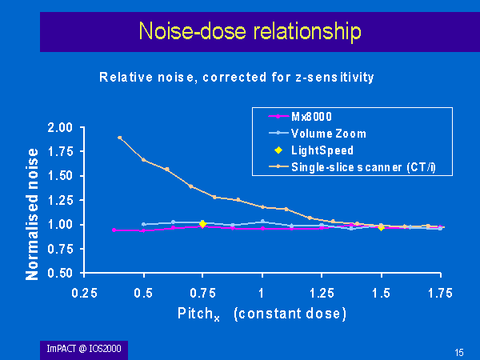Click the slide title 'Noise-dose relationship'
point(250,31)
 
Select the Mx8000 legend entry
point(300,117)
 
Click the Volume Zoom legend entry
point(318,134)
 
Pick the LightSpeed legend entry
point(314,150)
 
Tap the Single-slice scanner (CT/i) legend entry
point(352,167)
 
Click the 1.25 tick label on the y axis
point(60,200)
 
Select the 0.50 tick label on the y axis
point(60,273)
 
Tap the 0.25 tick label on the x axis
point(84,294)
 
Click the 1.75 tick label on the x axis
point(440,294)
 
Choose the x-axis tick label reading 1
point(261,294)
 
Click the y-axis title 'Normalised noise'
point(32,214)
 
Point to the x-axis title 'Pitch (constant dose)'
point(262,314)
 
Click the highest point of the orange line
point(120,138)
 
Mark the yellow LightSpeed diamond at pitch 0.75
point(202,224)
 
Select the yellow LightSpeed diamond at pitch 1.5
point(381,227)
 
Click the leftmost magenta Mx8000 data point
point(114,230)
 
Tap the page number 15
point(459,353)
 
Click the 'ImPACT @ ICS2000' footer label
point(84,349)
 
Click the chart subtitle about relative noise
point(237,77)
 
